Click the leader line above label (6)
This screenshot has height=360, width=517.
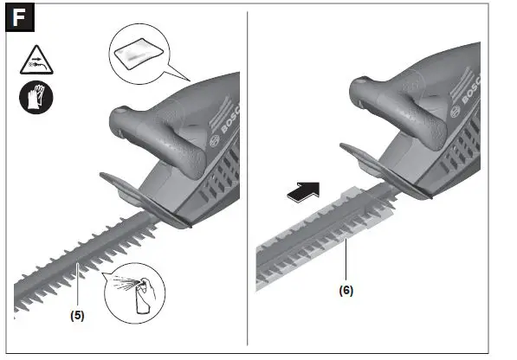[347, 264]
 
